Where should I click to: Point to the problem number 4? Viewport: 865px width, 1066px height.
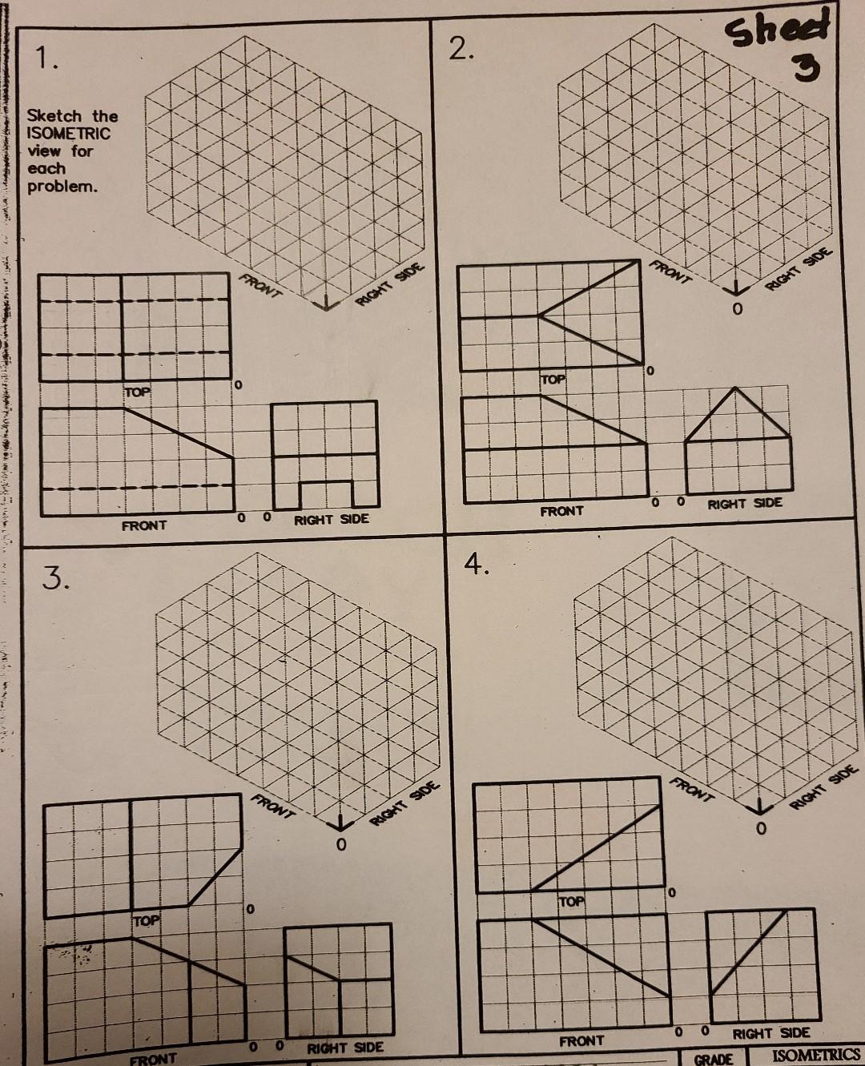(477, 565)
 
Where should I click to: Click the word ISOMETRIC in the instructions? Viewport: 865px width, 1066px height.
(68, 134)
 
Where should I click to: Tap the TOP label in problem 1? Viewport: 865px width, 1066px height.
(137, 392)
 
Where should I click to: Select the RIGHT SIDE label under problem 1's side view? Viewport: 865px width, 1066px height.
(332, 519)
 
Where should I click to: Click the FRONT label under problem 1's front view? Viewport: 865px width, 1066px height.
(144, 525)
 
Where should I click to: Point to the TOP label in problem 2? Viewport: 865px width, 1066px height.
(553, 378)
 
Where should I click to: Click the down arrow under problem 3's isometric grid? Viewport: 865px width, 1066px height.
(342, 824)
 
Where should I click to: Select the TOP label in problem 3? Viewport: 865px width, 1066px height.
(146, 921)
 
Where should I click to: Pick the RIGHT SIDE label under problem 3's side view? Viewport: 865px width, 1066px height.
(346, 1047)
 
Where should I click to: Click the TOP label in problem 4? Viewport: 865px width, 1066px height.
(571, 902)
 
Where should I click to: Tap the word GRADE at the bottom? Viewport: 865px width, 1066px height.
(713, 1059)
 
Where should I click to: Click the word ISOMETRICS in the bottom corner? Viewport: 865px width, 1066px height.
(816, 1055)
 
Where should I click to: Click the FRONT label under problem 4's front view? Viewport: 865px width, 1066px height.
(581, 1041)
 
